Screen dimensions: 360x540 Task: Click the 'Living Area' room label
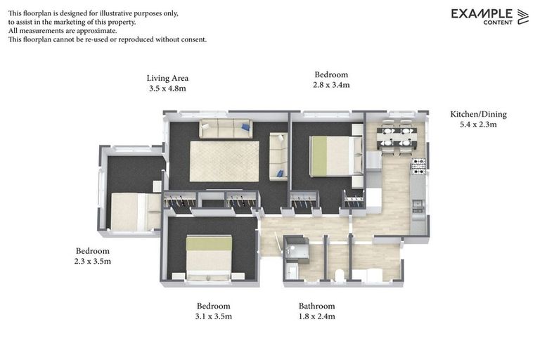(167, 78)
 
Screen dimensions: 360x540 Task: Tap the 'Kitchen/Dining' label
(478, 114)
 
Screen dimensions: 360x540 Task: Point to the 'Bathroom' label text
(316, 306)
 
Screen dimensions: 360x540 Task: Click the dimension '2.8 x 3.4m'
(331, 84)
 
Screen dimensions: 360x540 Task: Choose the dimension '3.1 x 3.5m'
(213, 316)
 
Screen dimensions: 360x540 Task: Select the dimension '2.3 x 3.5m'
(93, 261)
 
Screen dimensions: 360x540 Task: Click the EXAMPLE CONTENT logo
(489, 16)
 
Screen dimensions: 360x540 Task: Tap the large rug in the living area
(224, 161)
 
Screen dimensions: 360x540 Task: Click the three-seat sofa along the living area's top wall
(225, 128)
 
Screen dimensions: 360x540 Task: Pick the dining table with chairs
(397, 136)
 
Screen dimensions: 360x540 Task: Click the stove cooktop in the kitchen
(418, 166)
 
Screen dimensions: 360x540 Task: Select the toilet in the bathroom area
(339, 274)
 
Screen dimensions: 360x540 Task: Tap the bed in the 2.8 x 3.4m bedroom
(336, 155)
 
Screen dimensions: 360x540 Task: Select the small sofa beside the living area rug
(278, 155)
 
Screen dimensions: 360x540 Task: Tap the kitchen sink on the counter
(418, 205)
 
